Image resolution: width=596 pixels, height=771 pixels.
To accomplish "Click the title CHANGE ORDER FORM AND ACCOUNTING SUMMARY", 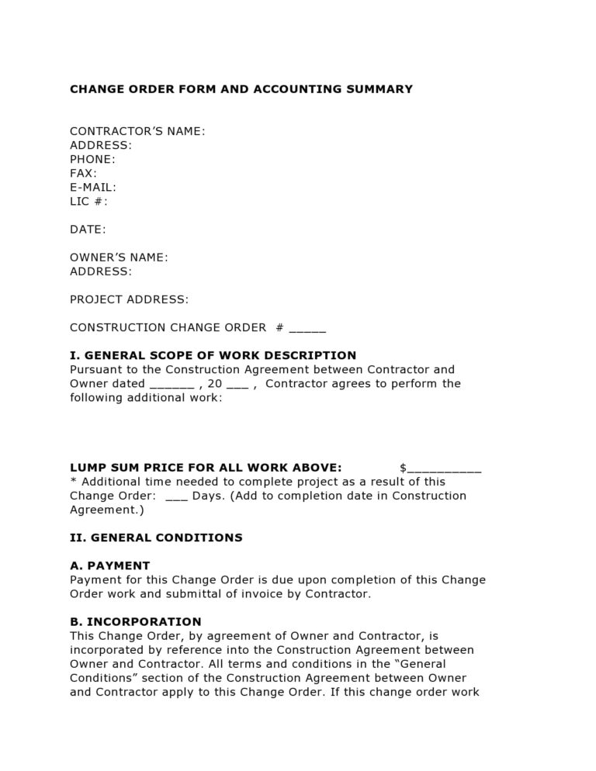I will [241, 89].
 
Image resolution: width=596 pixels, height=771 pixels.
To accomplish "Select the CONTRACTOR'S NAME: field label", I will [137, 131].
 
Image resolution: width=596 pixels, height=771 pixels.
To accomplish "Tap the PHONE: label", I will [92, 159].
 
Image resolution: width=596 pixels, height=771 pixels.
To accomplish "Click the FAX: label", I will [83, 173].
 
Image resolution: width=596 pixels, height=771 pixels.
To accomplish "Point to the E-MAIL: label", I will [93, 187].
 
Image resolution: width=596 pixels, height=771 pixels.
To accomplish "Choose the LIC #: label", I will [88, 201].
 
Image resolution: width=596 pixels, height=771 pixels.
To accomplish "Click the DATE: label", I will [88, 229].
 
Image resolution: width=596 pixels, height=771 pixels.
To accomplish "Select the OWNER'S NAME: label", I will [119, 257].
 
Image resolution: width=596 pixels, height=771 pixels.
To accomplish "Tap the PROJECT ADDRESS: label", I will [129, 299].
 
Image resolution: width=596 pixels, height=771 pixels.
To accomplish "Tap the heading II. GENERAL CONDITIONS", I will [156, 538].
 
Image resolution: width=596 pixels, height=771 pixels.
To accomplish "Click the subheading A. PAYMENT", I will [109, 565].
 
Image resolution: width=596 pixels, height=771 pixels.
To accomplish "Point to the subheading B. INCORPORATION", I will [135, 621].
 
